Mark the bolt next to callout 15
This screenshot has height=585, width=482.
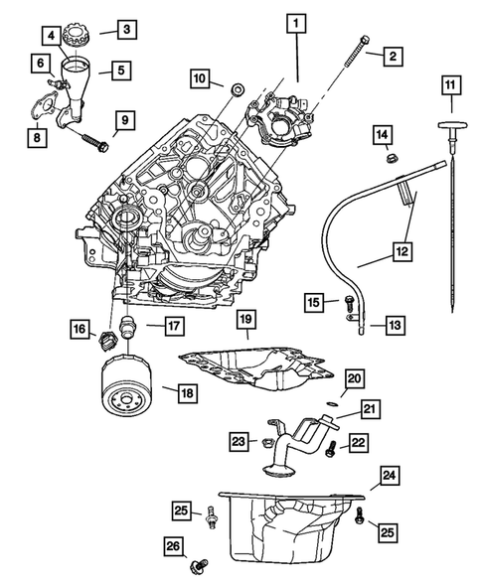[349, 306]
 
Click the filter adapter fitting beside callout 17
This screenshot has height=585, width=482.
[127, 326]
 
